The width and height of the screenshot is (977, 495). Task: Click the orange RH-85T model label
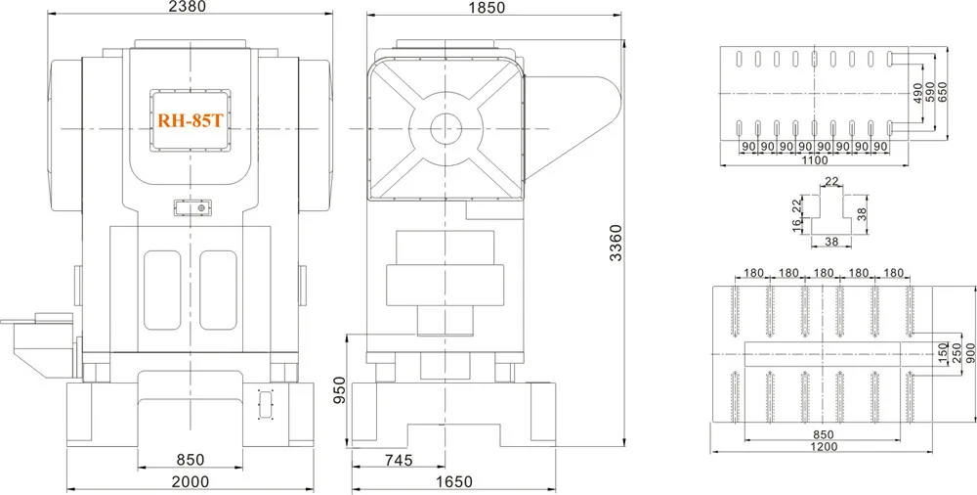pos(190,120)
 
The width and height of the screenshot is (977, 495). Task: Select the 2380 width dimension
pos(189,7)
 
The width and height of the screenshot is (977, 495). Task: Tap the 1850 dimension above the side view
pos(488,8)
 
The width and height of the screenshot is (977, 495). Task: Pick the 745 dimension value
pos(399,461)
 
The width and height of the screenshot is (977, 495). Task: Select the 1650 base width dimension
pos(454,482)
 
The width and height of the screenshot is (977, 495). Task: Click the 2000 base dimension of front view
pos(191,482)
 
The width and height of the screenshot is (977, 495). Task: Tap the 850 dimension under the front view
pos(191,460)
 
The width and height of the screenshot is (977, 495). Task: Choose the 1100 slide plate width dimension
pos(814,160)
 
